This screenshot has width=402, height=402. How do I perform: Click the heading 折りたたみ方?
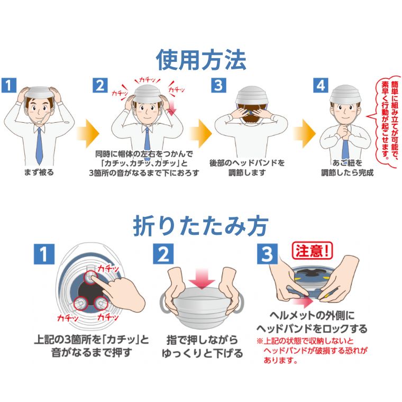point(201,225)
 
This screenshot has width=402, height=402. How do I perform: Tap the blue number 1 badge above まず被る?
point(10,86)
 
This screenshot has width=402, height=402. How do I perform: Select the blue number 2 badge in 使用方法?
point(100,86)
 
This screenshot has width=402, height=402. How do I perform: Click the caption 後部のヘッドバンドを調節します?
point(247,167)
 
